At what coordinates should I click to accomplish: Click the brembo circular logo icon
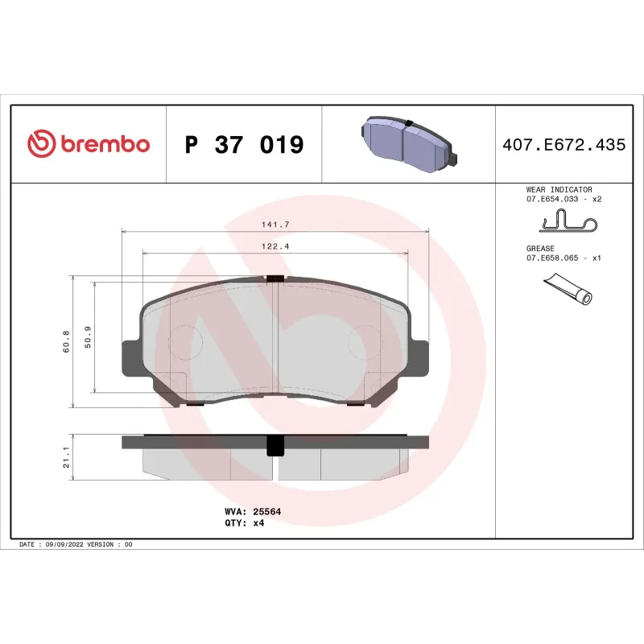[40, 145]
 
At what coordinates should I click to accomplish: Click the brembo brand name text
[103, 145]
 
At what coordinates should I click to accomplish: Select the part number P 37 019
[244, 145]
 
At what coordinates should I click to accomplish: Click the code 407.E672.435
[563, 145]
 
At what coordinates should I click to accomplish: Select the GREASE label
[541, 249]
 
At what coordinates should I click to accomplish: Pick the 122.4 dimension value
[275, 246]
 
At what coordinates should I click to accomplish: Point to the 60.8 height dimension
[66, 342]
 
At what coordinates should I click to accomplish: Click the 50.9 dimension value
[88, 338]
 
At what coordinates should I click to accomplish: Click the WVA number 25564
[268, 511]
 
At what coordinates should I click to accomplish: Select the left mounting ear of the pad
[130, 358]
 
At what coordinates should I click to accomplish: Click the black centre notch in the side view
[275, 444]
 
